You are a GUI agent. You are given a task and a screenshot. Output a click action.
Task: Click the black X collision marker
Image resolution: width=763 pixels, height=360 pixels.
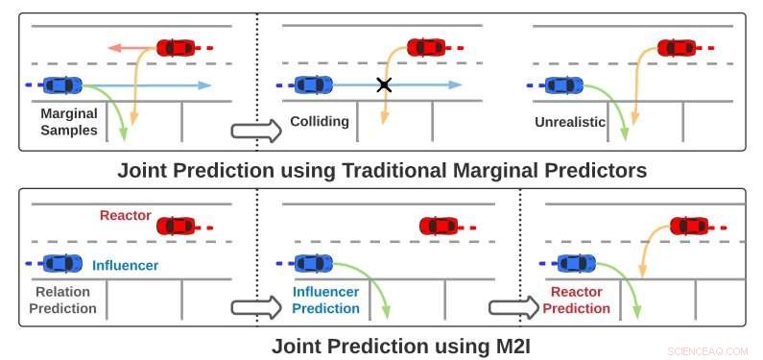(384, 85)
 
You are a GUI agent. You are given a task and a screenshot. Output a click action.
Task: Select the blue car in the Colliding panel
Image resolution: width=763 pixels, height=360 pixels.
(313, 84)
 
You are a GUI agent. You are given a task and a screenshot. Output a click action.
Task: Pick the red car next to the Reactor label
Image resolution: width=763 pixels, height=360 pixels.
(177, 226)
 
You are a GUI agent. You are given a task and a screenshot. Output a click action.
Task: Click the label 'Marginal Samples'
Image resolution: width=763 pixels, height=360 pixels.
(69, 121)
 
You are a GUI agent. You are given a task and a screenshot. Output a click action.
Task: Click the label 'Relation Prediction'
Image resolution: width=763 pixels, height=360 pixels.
(64, 300)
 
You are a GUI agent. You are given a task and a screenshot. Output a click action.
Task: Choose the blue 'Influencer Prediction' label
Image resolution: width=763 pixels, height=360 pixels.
(325, 300)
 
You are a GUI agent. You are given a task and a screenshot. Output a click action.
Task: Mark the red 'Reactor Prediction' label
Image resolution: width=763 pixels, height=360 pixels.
(576, 300)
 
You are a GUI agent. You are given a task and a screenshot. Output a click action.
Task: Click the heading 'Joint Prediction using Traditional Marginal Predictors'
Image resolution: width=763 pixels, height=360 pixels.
(382, 171)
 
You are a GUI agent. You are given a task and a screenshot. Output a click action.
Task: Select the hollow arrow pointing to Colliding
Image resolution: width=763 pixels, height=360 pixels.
(256, 131)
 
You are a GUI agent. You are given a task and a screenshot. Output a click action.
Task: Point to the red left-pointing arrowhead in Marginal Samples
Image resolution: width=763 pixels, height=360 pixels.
(113, 46)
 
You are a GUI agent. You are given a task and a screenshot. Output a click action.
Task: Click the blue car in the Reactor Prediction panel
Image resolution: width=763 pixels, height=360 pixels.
(577, 262)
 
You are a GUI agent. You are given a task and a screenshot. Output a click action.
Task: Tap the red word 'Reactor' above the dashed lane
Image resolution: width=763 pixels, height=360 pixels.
(125, 216)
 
